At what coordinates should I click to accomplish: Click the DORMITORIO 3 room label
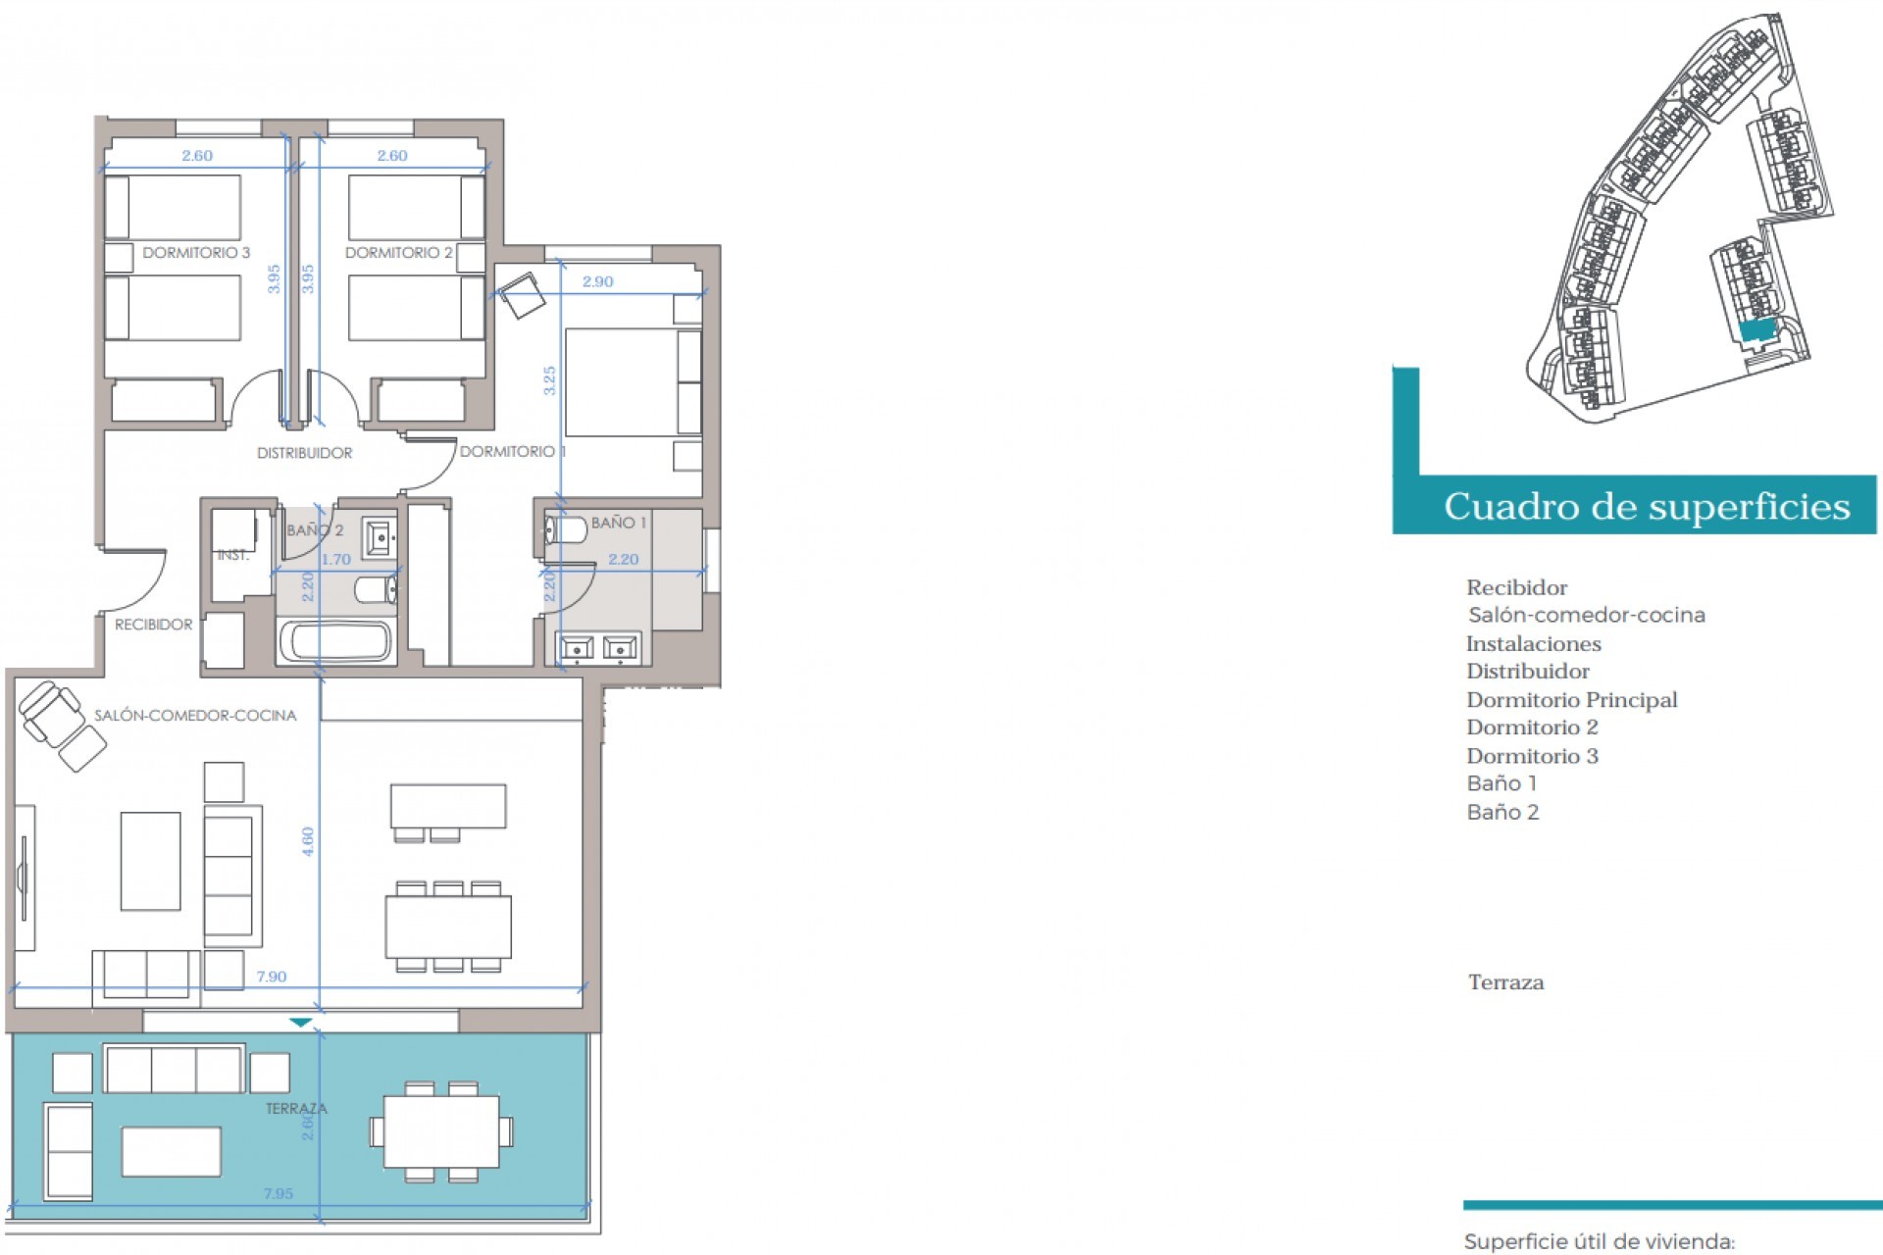[196, 253]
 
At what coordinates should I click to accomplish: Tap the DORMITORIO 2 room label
[398, 253]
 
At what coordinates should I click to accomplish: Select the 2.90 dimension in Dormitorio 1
[597, 281]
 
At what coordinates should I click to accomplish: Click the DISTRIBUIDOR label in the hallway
[304, 453]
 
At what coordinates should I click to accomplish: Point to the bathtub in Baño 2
[335, 642]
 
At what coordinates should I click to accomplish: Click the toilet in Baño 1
[565, 530]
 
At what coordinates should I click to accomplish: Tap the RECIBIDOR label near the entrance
[153, 625]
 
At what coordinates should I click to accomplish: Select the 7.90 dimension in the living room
[272, 977]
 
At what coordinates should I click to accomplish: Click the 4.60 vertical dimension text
[308, 841]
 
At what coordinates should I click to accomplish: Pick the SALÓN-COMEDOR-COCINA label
[195, 716]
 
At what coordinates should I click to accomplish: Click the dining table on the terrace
[441, 1131]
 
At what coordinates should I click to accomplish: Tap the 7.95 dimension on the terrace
[278, 1193]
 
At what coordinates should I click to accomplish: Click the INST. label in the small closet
[232, 555]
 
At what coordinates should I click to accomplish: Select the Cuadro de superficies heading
[1646, 507]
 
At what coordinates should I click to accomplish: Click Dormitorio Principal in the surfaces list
[1571, 700]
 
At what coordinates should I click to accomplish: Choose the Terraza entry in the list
[1505, 982]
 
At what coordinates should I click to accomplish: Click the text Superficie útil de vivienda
[1599, 1242]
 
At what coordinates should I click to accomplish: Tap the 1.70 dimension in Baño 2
[335, 560]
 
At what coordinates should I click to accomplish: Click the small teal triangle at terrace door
[301, 1023]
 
